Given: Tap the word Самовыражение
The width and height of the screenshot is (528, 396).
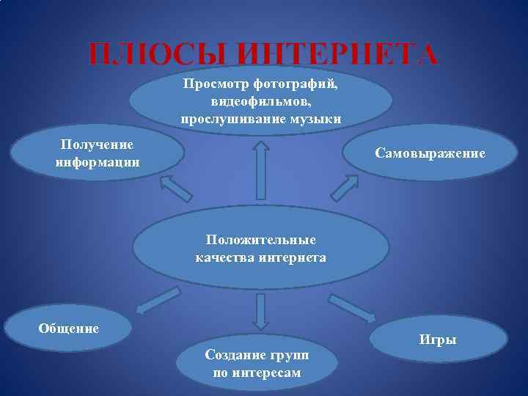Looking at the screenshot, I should (x=430, y=153).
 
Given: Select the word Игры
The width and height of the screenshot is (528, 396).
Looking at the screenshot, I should (x=438, y=340).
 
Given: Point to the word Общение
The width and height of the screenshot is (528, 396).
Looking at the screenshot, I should (x=68, y=328).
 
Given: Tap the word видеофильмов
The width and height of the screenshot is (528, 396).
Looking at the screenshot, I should (x=260, y=101).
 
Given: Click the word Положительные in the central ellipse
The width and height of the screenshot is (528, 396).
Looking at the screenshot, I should (x=260, y=240).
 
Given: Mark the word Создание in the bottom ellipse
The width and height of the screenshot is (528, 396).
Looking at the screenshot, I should (x=232, y=356).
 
